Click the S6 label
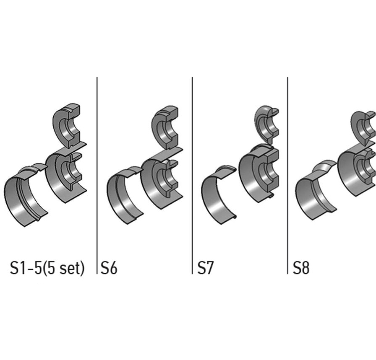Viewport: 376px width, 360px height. pyautogui.click(x=109, y=267)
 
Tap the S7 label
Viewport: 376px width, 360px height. pyautogui.click(x=205, y=267)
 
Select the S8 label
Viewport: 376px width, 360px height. pyautogui.click(x=301, y=267)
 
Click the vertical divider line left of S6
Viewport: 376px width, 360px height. pyautogui.click(x=97, y=175)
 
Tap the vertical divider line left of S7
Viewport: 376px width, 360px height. pyautogui.click(x=192, y=175)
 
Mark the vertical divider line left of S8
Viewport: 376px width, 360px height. pyautogui.click(x=287, y=175)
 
